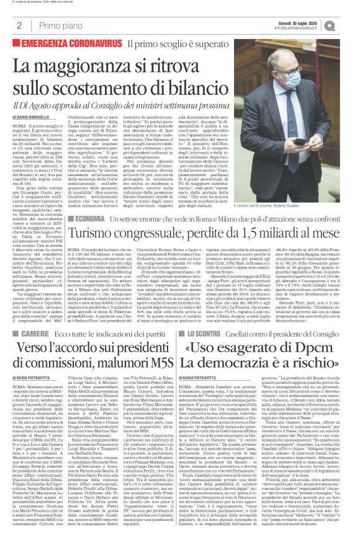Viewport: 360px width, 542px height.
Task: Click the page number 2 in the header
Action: (x=20, y=25)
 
